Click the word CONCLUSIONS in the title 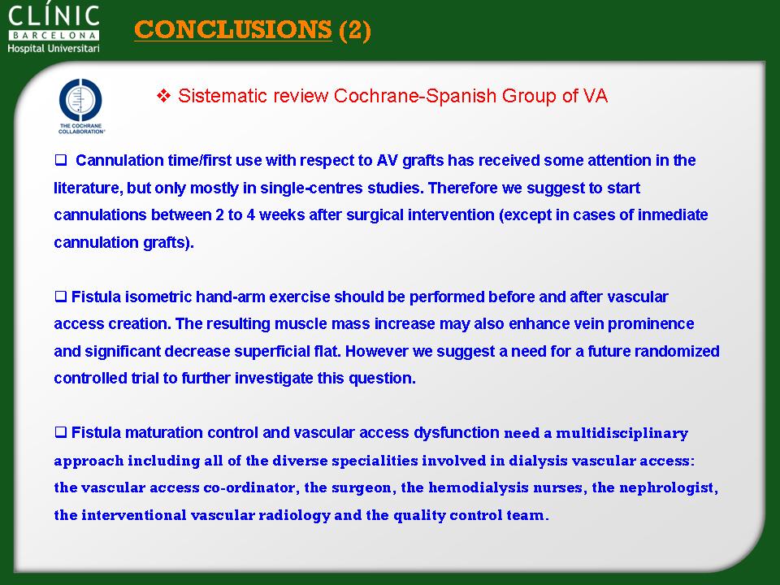click(x=233, y=29)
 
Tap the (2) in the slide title click(x=355, y=30)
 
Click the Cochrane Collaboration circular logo click(x=80, y=100)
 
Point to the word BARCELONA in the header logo click(x=54, y=35)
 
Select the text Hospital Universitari click(x=54, y=48)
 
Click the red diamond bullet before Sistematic click(x=163, y=96)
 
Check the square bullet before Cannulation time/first click(x=61, y=160)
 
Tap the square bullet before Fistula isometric click(x=61, y=297)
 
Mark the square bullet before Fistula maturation click(x=61, y=432)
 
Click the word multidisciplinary click(x=622, y=433)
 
